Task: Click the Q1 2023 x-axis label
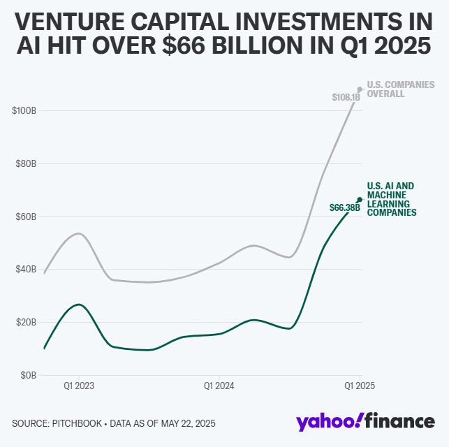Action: tap(78, 385)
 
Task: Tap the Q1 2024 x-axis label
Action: tap(219, 385)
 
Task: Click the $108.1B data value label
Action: tap(346, 97)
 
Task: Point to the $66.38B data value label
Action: tap(344, 207)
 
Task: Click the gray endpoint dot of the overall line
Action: tap(360, 89)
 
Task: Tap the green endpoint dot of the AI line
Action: tap(360, 200)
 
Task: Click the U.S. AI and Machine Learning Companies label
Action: tap(392, 199)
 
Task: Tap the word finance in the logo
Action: tap(401, 422)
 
